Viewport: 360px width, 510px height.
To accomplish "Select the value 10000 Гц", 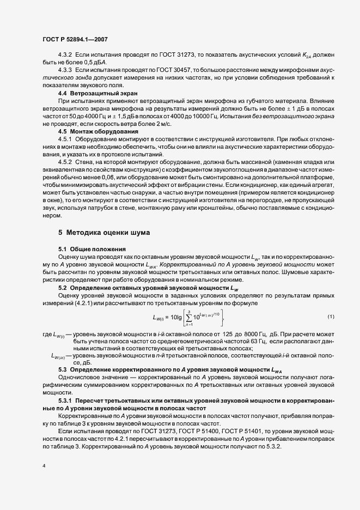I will point(246,117).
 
